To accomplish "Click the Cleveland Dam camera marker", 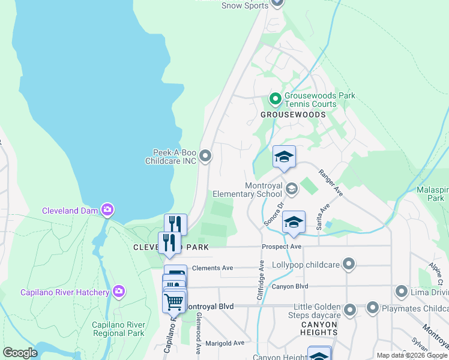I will (107, 209).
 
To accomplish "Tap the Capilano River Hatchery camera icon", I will (119, 292).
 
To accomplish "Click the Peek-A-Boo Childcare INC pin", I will (205, 156).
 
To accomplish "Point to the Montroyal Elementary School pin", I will (291, 189).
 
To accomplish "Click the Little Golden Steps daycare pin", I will (350, 310).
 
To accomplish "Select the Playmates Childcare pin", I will (372, 309).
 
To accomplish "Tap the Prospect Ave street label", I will (281, 247).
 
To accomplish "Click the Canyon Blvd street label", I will (289, 286).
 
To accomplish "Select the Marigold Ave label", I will (224, 343).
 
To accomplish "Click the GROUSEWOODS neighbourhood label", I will (293, 114).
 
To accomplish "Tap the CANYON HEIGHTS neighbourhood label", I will (319, 328).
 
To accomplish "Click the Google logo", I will (20, 352).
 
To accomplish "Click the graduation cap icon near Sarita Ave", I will (293, 221).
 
